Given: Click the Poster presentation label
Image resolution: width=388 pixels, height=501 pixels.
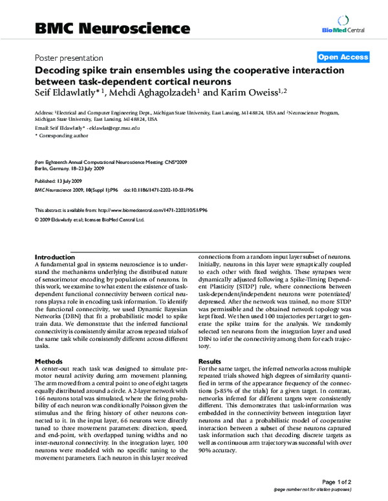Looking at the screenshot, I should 69,57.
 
